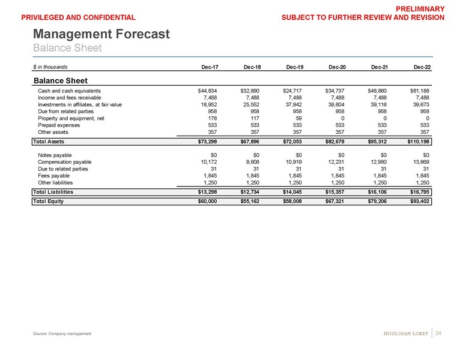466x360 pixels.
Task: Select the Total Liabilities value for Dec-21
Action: click(x=379, y=192)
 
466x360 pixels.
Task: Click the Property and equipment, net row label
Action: click(x=71, y=118)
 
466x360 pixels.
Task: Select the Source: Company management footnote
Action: click(x=62, y=334)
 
